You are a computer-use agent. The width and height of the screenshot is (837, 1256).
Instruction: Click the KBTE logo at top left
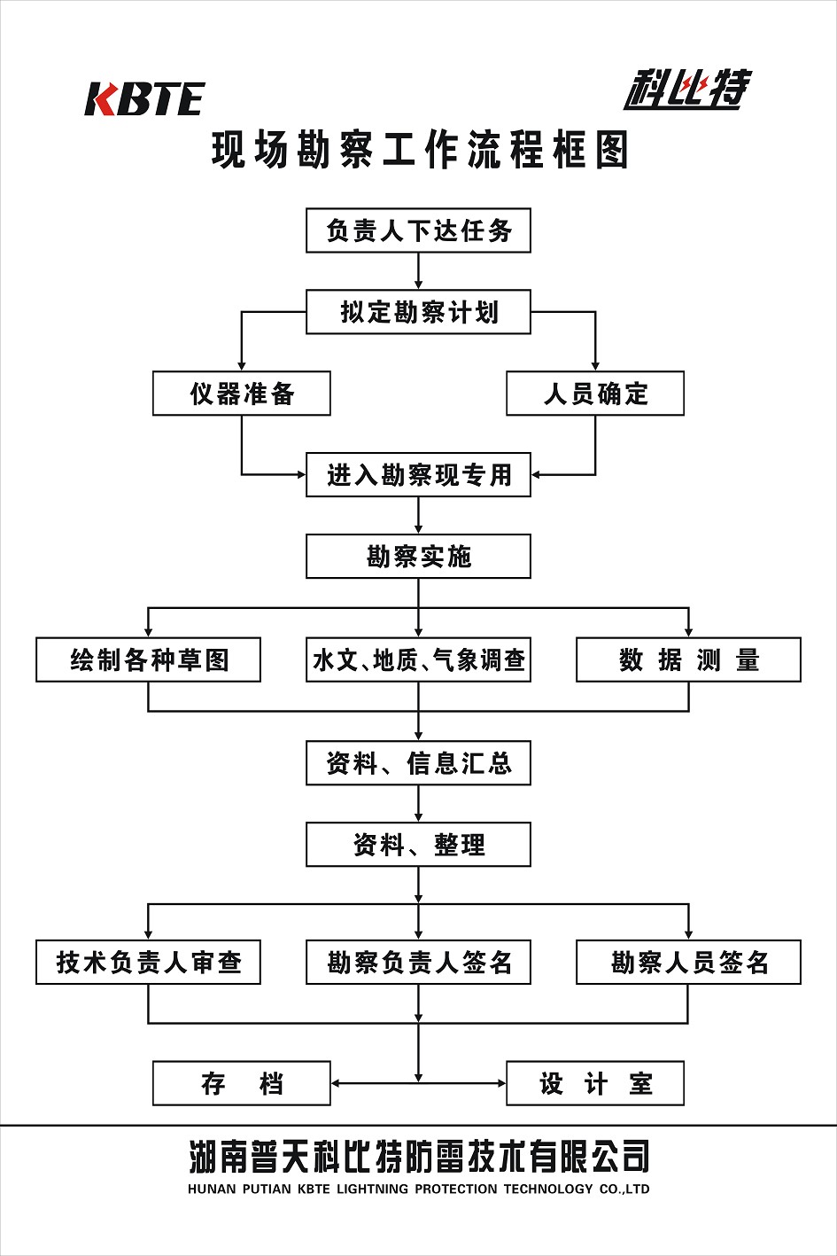click(144, 98)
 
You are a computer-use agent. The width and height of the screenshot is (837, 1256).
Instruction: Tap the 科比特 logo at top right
click(686, 89)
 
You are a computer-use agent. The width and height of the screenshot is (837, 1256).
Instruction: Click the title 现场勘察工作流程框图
click(420, 150)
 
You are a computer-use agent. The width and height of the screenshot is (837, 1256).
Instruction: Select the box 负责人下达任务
click(418, 230)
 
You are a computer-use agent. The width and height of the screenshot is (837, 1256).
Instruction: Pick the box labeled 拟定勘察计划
click(418, 312)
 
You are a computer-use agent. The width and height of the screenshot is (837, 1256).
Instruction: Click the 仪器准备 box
click(242, 394)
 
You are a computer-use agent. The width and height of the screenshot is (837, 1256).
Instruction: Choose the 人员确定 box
click(595, 394)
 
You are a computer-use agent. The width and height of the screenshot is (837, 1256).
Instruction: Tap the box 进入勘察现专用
click(418, 475)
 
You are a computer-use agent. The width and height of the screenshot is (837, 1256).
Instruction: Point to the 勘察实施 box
click(418, 557)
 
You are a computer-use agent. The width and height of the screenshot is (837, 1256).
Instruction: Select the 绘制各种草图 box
click(148, 660)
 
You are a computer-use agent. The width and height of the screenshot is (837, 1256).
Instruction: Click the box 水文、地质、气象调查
click(418, 660)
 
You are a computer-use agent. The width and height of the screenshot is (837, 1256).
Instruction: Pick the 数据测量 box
click(688, 660)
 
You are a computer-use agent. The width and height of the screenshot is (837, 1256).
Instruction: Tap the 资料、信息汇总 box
click(418, 763)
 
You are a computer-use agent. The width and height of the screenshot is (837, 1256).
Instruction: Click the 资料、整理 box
click(418, 845)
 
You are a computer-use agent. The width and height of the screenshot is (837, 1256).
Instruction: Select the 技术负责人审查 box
click(148, 963)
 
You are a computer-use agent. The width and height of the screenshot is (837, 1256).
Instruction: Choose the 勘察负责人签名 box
click(418, 963)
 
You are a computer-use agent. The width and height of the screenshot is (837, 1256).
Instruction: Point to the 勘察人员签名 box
click(688, 963)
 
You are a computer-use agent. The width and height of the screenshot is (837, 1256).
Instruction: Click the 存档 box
click(242, 1083)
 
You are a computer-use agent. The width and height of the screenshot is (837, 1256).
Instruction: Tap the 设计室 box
click(595, 1083)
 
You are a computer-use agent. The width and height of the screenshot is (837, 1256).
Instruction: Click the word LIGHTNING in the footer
click(372, 1190)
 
